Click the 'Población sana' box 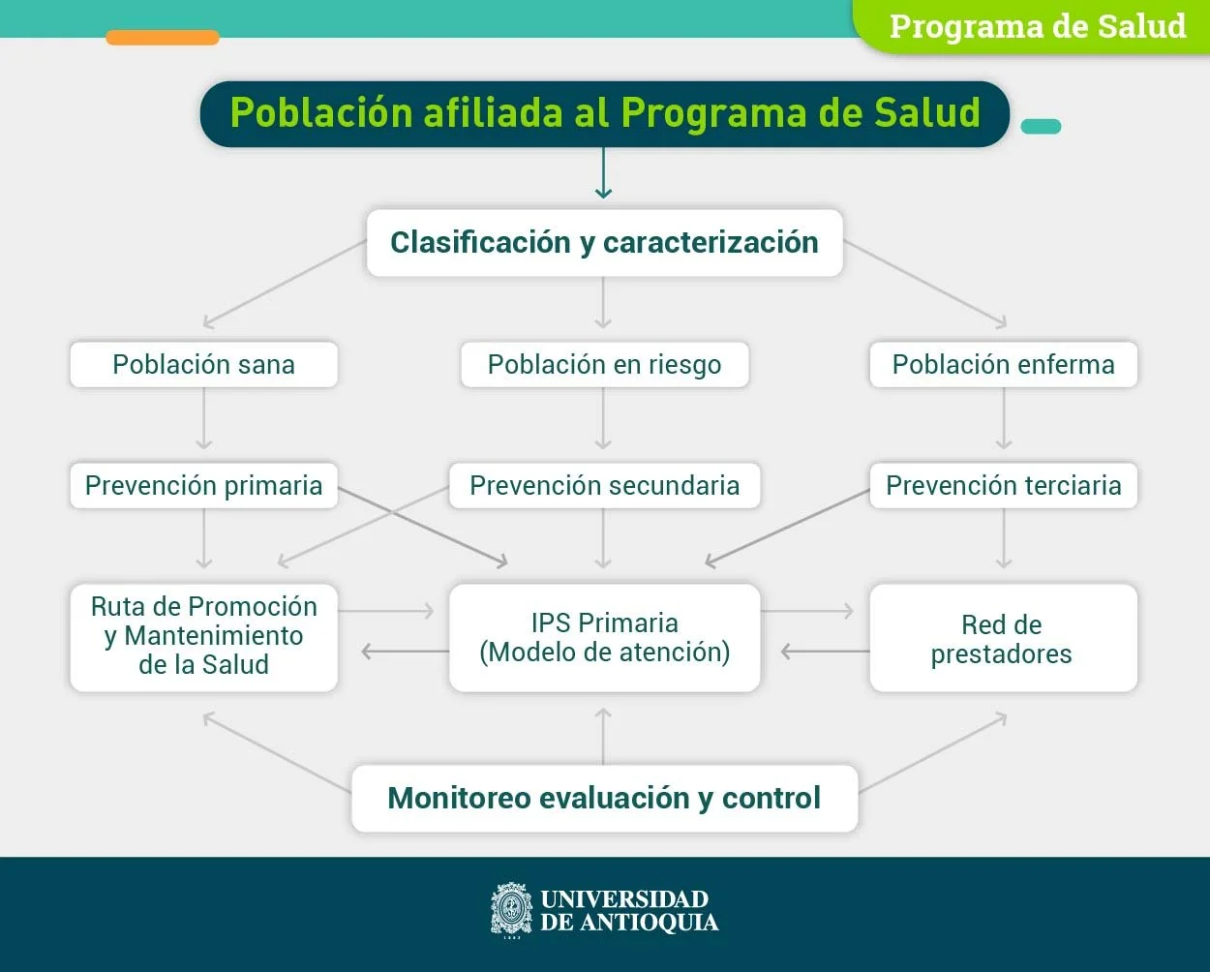coord(203,365)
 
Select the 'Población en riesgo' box coord(604,365)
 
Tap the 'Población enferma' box coord(1003,365)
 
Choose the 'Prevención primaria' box coord(203,485)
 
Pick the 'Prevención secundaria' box coord(604,485)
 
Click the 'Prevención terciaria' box coord(1003,485)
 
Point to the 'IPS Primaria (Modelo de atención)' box coord(604,637)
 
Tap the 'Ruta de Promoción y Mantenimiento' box coord(203,636)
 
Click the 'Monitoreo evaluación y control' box coord(604,798)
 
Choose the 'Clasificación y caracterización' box coord(604,242)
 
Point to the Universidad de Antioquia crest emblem coord(511,910)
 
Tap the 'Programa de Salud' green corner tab coord(1037,26)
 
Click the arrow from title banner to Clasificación coord(603,174)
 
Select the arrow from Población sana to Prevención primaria coord(203,418)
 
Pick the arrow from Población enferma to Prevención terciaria coord(1004,418)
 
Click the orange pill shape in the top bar coord(163,38)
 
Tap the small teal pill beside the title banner coord(1041,126)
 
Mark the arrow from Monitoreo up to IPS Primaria coord(603,736)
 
